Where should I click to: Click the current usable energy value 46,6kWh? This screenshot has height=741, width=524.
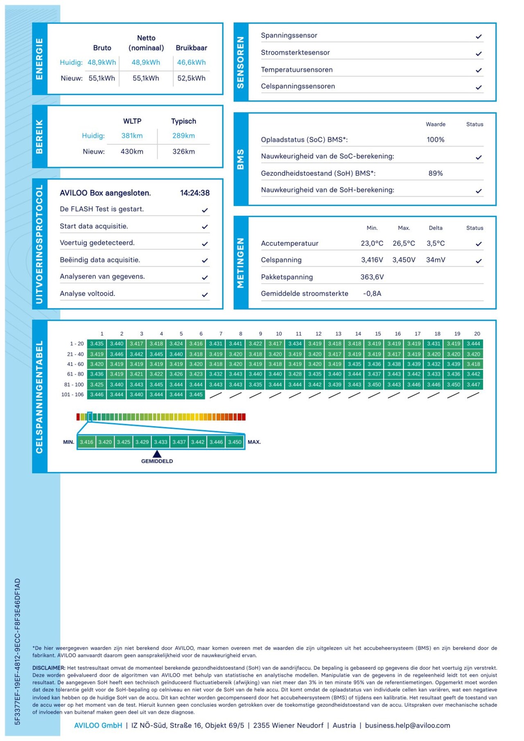191,62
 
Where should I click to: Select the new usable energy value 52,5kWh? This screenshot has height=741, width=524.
191,78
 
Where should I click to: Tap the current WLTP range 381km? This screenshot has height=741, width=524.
132,136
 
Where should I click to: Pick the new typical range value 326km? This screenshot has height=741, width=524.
183,152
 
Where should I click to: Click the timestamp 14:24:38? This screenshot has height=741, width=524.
195,193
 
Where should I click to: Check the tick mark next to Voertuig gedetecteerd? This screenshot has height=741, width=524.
205,244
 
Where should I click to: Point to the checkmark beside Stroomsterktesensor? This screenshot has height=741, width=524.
479,54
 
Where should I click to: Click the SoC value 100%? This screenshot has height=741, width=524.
435,140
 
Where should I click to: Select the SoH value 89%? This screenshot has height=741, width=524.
435,173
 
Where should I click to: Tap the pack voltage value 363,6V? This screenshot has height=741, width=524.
372,277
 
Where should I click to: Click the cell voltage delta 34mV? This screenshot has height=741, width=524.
435,260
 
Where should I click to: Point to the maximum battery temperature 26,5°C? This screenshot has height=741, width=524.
404,243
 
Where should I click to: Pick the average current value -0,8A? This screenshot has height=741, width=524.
372,293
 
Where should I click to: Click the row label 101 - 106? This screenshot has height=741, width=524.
72,394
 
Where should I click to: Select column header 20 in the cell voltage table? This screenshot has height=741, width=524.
477,334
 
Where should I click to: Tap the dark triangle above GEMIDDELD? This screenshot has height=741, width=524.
157,454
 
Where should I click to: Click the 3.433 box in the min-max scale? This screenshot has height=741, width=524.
160,442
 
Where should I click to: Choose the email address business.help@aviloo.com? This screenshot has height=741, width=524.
407,725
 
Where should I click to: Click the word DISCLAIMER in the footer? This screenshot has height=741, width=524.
49,668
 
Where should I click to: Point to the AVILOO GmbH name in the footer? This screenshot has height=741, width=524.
98,725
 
